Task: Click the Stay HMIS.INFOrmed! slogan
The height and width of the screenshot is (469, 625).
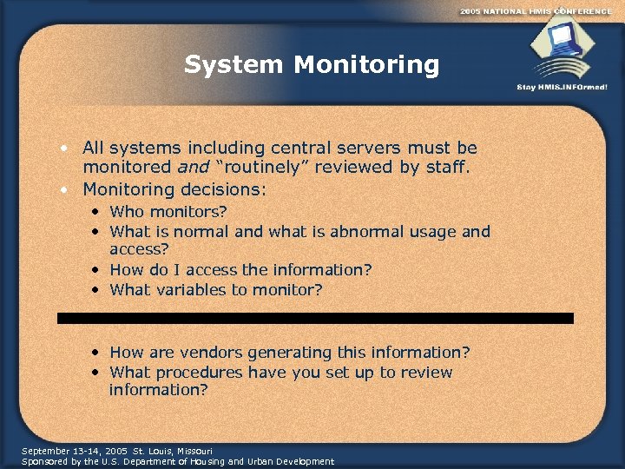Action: [x=562, y=88]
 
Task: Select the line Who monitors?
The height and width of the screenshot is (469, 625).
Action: [x=169, y=212]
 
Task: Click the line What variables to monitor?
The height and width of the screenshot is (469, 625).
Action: [x=216, y=290]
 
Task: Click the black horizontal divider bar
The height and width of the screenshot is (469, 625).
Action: [x=315, y=319]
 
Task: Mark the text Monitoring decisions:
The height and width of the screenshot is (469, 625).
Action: [x=175, y=188]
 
